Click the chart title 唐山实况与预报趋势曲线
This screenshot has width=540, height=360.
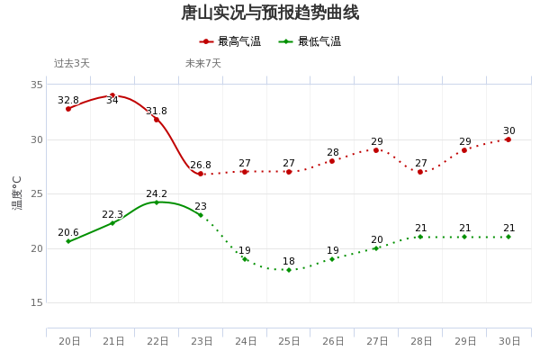pyautogui.click(x=270, y=13)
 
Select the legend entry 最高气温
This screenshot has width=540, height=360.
pyautogui.click(x=230, y=41)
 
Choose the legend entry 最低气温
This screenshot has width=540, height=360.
pyautogui.click(x=310, y=41)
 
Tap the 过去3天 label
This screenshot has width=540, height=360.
pyautogui.click(x=72, y=64)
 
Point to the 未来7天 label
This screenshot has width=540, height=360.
pyautogui.click(x=203, y=64)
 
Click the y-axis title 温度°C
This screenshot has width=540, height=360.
pyautogui.click(x=17, y=193)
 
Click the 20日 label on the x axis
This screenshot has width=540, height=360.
pyautogui.click(x=69, y=342)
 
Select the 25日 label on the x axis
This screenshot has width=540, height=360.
pyautogui.click(x=289, y=342)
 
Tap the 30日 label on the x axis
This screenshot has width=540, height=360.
pyautogui.click(x=509, y=342)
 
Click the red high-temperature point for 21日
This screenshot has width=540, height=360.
pyautogui.click(x=112, y=95)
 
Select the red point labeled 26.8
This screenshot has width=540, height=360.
pyautogui.click(x=201, y=174)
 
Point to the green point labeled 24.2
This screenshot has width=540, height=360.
pyautogui.click(x=157, y=202)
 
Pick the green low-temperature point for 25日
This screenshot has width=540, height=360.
pyautogui.click(x=289, y=270)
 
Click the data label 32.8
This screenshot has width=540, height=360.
pyautogui.click(x=68, y=101)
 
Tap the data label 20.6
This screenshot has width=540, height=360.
pyautogui.click(x=68, y=233)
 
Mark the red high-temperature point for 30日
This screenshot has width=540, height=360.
pyautogui.click(x=508, y=139)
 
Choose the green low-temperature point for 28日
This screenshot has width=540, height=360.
pyautogui.click(x=420, y=237)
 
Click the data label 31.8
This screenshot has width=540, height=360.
pyautogui.click(x=157, y=112)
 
